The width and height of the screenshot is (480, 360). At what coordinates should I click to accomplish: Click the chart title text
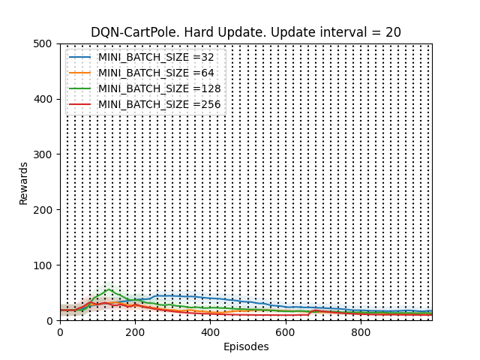tap(246, 32)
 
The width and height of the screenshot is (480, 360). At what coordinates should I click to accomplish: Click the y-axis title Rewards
tap(24, 182)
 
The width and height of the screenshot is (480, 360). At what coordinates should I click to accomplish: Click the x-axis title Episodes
tap(246, 346)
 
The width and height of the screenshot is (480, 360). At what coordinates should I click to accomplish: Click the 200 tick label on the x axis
tap(135, 331)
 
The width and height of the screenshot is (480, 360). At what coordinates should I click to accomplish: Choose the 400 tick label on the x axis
tap(211, 331)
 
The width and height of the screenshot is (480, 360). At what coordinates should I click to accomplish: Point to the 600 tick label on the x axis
tap(286, 331)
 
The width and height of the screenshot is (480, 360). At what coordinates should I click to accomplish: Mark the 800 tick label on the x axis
tap(361, 331)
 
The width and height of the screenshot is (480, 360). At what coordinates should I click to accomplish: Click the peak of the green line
tap(109, 289)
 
